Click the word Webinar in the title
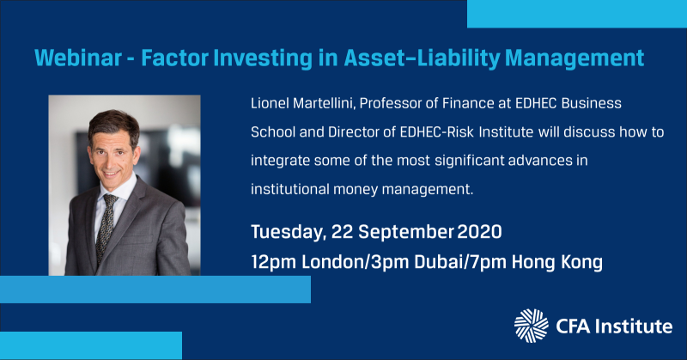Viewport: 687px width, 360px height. click(x=78, y=58)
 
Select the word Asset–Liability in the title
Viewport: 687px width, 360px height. click(x=422, y=58)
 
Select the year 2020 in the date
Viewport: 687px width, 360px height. click(x=479, y=231)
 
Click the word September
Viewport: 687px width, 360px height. click(x=405, y=232)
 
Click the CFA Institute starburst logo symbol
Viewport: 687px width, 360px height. click(x=531, y=326)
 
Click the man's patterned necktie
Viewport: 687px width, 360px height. click(x=106, y=227)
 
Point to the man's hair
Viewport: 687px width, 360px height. click(x=114, y=125)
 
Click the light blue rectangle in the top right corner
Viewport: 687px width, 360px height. click(x=577, y=14)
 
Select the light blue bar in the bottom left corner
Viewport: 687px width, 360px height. click(x=91, y=345)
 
